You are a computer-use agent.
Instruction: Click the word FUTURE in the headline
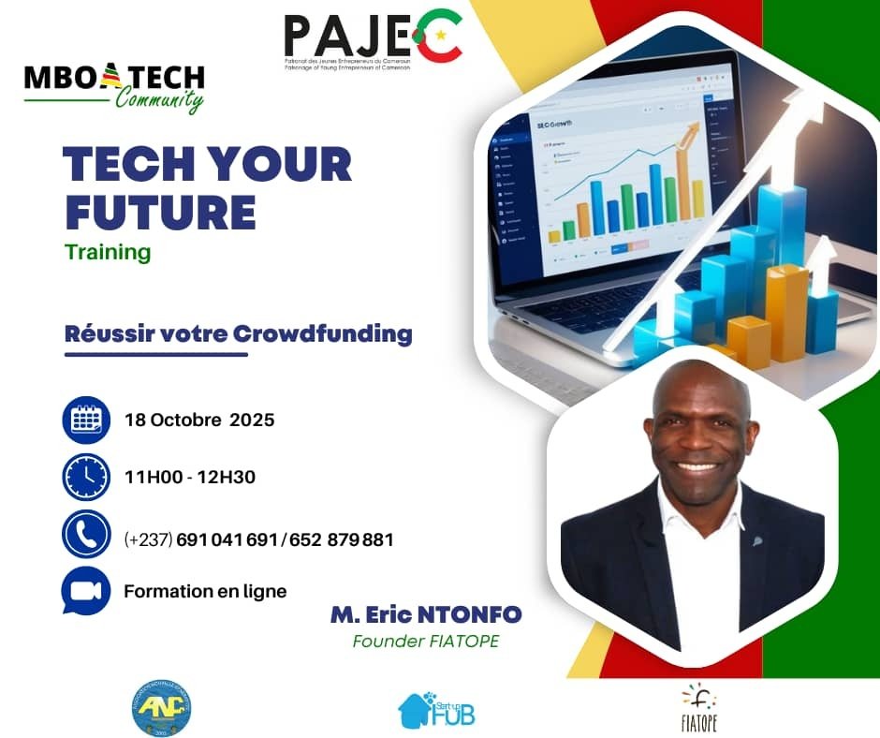click(159, 213)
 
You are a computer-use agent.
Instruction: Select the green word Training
click(108, 252)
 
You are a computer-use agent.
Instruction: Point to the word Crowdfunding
click(322, 332)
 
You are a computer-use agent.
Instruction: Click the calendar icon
click(86, 420)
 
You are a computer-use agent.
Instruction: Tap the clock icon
click(86, 477)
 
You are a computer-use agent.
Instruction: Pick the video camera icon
click(86, 591)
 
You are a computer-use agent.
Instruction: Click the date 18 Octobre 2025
click(199, 420)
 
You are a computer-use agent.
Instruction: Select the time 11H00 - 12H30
click(190, 478)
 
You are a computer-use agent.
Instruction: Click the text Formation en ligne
click(205, 591)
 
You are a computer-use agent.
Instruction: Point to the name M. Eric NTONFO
click(426, 615)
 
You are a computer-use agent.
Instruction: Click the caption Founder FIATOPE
click(426, 642)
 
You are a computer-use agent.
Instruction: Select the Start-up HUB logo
click(436, 709)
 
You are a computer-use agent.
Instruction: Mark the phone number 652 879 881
click(342, 540)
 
